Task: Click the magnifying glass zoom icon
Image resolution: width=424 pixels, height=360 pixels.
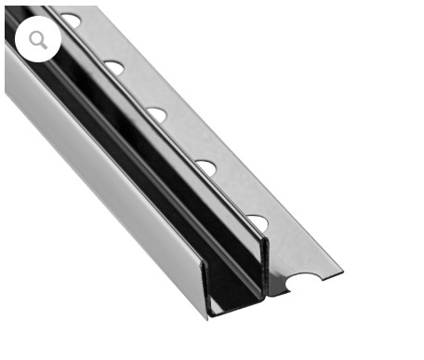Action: point(38,40)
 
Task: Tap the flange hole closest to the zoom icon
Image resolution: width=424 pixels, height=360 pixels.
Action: point(72,20)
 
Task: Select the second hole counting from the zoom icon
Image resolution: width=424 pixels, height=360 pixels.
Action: point(114,67)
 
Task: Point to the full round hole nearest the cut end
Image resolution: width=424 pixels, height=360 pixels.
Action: point(257,223)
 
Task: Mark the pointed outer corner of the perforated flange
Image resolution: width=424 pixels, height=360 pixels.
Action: point(341,274)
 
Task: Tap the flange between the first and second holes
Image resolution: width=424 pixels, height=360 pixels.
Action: point(98,42)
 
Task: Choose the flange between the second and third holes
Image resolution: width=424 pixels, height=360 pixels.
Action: point(139,90)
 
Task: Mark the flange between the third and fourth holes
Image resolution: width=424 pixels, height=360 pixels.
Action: point(184,141)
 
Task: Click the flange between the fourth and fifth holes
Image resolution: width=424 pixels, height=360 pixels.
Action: point(234,195)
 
